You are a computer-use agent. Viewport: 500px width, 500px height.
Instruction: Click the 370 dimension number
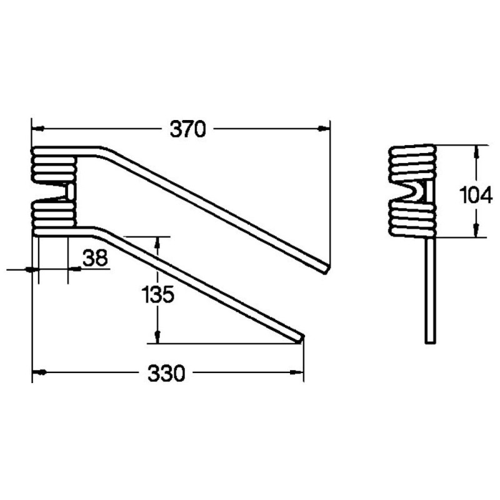[x=188, y=129]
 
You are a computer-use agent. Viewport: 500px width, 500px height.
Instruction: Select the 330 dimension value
[x=166, y=373]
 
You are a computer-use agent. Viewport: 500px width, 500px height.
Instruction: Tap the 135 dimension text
[x=157, y=294]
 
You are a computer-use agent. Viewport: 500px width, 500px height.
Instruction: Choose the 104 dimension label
[x=476, y=195]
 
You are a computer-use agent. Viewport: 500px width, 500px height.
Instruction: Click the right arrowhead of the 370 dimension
[x=324, y=129]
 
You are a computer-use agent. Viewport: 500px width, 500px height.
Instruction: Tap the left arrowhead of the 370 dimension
[x=38, y=129]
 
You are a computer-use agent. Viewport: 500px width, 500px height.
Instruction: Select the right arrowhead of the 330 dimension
[x=297, y=372]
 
